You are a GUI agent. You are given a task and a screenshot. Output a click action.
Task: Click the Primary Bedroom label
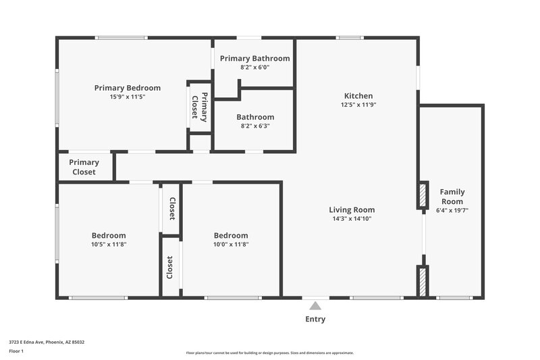[127, 88]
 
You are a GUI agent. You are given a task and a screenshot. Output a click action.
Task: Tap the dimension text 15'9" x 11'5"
[127, 97]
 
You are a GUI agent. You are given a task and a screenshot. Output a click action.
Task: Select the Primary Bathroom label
[254, 59]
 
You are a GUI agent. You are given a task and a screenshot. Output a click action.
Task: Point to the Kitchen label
[358, 96]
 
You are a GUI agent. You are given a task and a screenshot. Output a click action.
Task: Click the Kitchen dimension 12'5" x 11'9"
[358, 105]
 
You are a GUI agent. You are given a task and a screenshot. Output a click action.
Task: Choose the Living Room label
[352, 209]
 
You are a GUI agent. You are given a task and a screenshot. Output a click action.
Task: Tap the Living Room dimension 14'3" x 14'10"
[352, 219]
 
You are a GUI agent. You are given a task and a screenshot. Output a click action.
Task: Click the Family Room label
[452, 197]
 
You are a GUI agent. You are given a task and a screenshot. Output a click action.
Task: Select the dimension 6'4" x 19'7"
[452, 211]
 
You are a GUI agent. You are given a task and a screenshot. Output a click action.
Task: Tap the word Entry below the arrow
[315, 319]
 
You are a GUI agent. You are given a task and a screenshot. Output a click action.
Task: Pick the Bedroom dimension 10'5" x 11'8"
[109, 245]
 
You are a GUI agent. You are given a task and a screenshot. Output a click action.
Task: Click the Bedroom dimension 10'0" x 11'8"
[231, 245]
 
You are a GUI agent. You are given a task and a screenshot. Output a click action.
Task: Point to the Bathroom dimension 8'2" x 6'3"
[254, 126]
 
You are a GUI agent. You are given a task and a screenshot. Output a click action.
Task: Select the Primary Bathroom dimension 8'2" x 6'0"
[254, 68]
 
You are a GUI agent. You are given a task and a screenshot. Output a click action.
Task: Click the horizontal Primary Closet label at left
[84, 167]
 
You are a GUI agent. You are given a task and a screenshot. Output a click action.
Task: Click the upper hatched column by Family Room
[423, 196]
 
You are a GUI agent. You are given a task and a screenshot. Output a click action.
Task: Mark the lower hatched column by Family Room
[423, 281]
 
